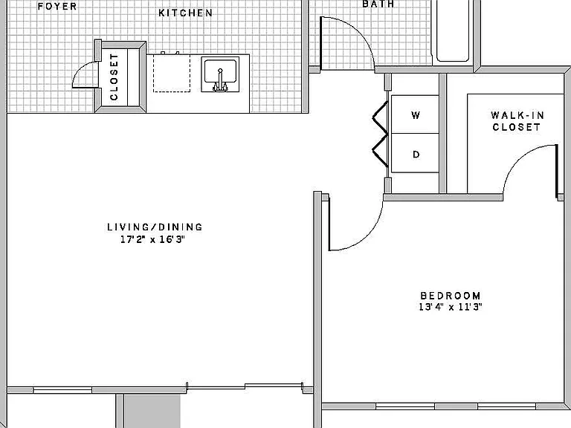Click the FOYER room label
[57, 6]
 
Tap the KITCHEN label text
[185, 13]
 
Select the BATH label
[378, 4]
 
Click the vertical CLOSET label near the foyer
[114, 77]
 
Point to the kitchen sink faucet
[220, 80]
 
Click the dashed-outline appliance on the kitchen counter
[172, 73]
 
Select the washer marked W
[415, 114]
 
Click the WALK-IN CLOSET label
[517, 121]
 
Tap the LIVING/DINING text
[155, 227]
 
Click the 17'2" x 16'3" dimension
[153, 239]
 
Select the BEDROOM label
[451, 296]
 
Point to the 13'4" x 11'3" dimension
[451, 307]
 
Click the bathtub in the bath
[453, 30]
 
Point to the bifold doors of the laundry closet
[380, 134]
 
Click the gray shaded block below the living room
[152, 411]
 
